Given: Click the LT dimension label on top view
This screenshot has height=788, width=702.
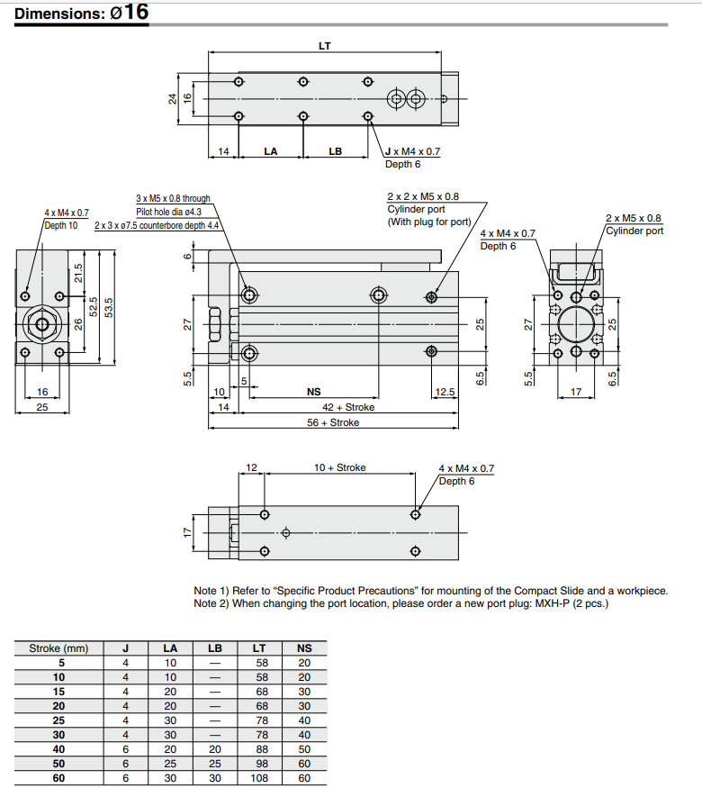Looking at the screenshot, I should (324, 45).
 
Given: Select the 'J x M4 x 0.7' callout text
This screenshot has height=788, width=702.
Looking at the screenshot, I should (412, 152).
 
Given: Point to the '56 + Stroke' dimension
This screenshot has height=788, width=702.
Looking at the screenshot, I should (333, 422).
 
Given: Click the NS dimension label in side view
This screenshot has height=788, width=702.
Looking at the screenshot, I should (313, 393).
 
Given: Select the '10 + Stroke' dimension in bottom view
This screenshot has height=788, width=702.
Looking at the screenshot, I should (339, 468).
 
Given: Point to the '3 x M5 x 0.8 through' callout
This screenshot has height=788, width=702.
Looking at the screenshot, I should (173, 198).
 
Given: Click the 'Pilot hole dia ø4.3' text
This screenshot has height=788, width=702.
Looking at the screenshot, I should (168, 212).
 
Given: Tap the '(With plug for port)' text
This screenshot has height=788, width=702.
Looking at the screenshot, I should (428, 222).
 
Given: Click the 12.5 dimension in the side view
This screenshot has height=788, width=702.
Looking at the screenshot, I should (445, 393).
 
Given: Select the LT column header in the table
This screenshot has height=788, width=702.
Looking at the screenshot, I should (259, 648).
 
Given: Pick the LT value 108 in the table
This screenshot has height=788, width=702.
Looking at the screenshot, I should (259, 778).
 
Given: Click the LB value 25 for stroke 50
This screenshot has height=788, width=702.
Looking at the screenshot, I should (213, 764).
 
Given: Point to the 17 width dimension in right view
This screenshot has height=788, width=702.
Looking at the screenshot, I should (576, 393).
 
